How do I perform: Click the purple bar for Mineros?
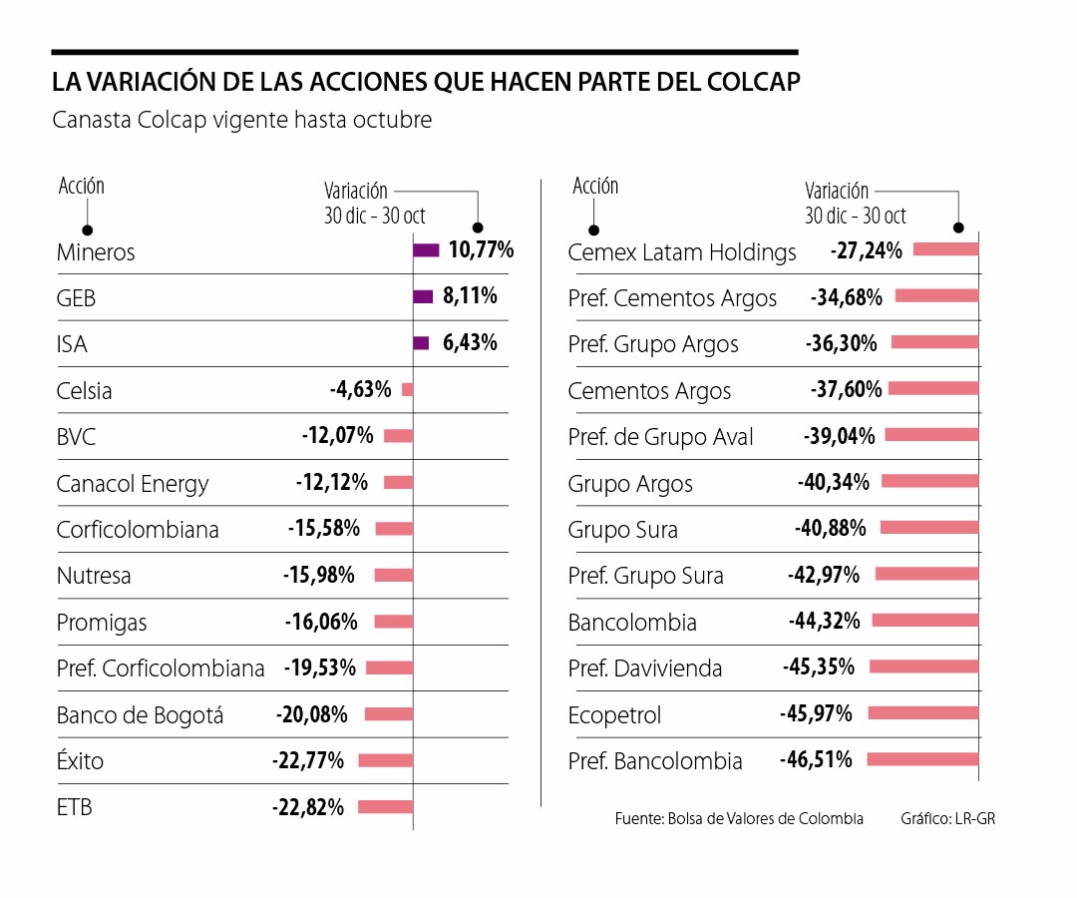(426, 250)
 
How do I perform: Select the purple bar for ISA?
(421, 343)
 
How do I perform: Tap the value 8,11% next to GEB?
(469, 296)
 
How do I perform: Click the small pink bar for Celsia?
(407, 389)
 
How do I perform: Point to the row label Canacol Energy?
(133, 484)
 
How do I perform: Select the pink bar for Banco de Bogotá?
(388, 714)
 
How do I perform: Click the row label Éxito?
(80, 761)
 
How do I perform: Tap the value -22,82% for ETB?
(308, 807)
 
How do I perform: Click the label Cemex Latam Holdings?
(682, 252)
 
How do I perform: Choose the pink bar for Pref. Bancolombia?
(922, 759)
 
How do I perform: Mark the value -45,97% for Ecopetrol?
(816, 713)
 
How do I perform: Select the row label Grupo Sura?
(622, 530)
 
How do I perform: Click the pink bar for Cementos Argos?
(933, 389)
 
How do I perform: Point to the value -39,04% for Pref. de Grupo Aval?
(839, 436)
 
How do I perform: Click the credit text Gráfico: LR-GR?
(947, 818)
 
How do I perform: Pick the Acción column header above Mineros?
(81, 186)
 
